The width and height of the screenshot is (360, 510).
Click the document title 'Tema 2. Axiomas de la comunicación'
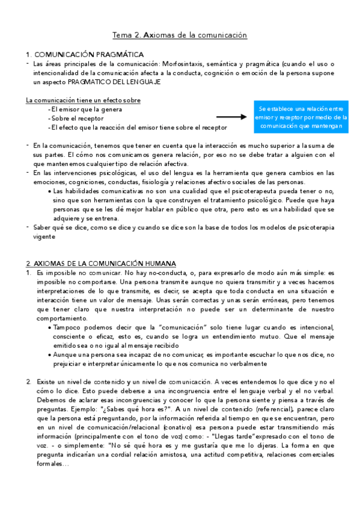180,35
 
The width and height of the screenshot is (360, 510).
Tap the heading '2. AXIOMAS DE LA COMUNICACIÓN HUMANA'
101,263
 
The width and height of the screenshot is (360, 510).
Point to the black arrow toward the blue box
233,118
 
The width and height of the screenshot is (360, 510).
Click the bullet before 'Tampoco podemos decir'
48,327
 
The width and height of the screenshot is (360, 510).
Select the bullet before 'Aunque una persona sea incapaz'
48,355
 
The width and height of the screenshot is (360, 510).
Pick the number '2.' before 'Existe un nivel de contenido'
28,381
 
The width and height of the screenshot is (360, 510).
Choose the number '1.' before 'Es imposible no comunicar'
28,272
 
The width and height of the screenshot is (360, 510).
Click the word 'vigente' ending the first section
45,236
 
